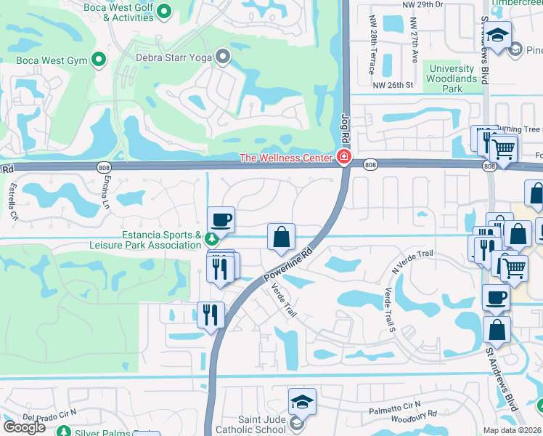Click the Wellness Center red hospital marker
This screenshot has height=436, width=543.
click(x=343, y=157)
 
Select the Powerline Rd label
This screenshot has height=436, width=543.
click(x=288, y=266)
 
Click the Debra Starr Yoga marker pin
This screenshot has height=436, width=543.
click(x=224, y=55)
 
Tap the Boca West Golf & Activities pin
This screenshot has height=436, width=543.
click(x=164, y=10)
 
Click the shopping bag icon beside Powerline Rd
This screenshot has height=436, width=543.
click(x=281, y=236)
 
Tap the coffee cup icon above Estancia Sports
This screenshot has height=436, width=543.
click(x=221, y=219)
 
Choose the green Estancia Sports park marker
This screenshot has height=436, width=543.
click(x=211, y=238)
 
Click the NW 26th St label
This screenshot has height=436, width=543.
click(x=393, y=85)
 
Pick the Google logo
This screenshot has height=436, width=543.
click(x=25, y=427)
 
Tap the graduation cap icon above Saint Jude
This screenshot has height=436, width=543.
click(x=303, y=400)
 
